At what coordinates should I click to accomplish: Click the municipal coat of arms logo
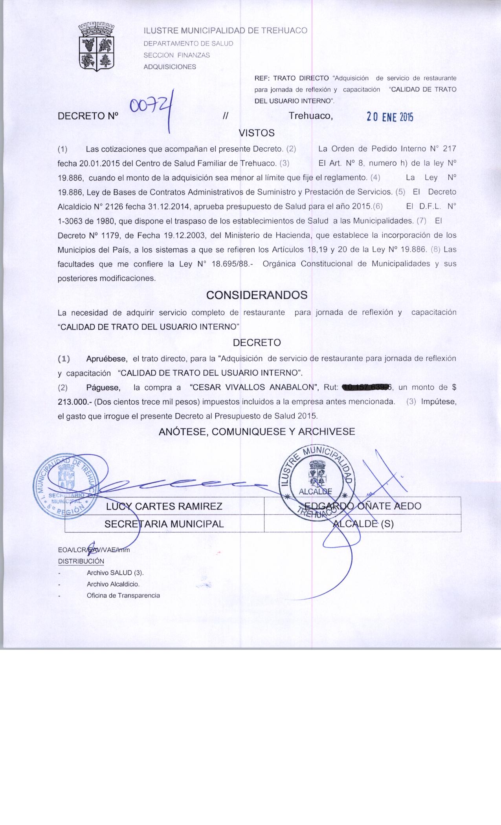[x=96, y=47]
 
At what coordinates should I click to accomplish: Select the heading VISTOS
[x=257, y=133]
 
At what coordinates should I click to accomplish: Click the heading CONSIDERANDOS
[x=257, y=295]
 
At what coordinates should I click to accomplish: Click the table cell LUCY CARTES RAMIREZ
[x=164, y=506]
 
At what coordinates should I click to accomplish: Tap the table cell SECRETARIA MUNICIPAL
[x=164, y=524]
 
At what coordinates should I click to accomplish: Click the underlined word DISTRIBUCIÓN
[x=81, y=561]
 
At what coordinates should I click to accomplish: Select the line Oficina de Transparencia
[x=123, y=596]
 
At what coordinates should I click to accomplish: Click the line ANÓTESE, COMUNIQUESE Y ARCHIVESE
[x=257, y=432]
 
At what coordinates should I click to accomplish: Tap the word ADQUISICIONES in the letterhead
[x=170, y=67]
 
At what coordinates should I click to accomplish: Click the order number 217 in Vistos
[x=449, y=149]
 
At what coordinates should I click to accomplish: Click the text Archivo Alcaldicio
[x=113, y=584]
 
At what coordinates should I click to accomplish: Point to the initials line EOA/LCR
[x=94, y=550]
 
